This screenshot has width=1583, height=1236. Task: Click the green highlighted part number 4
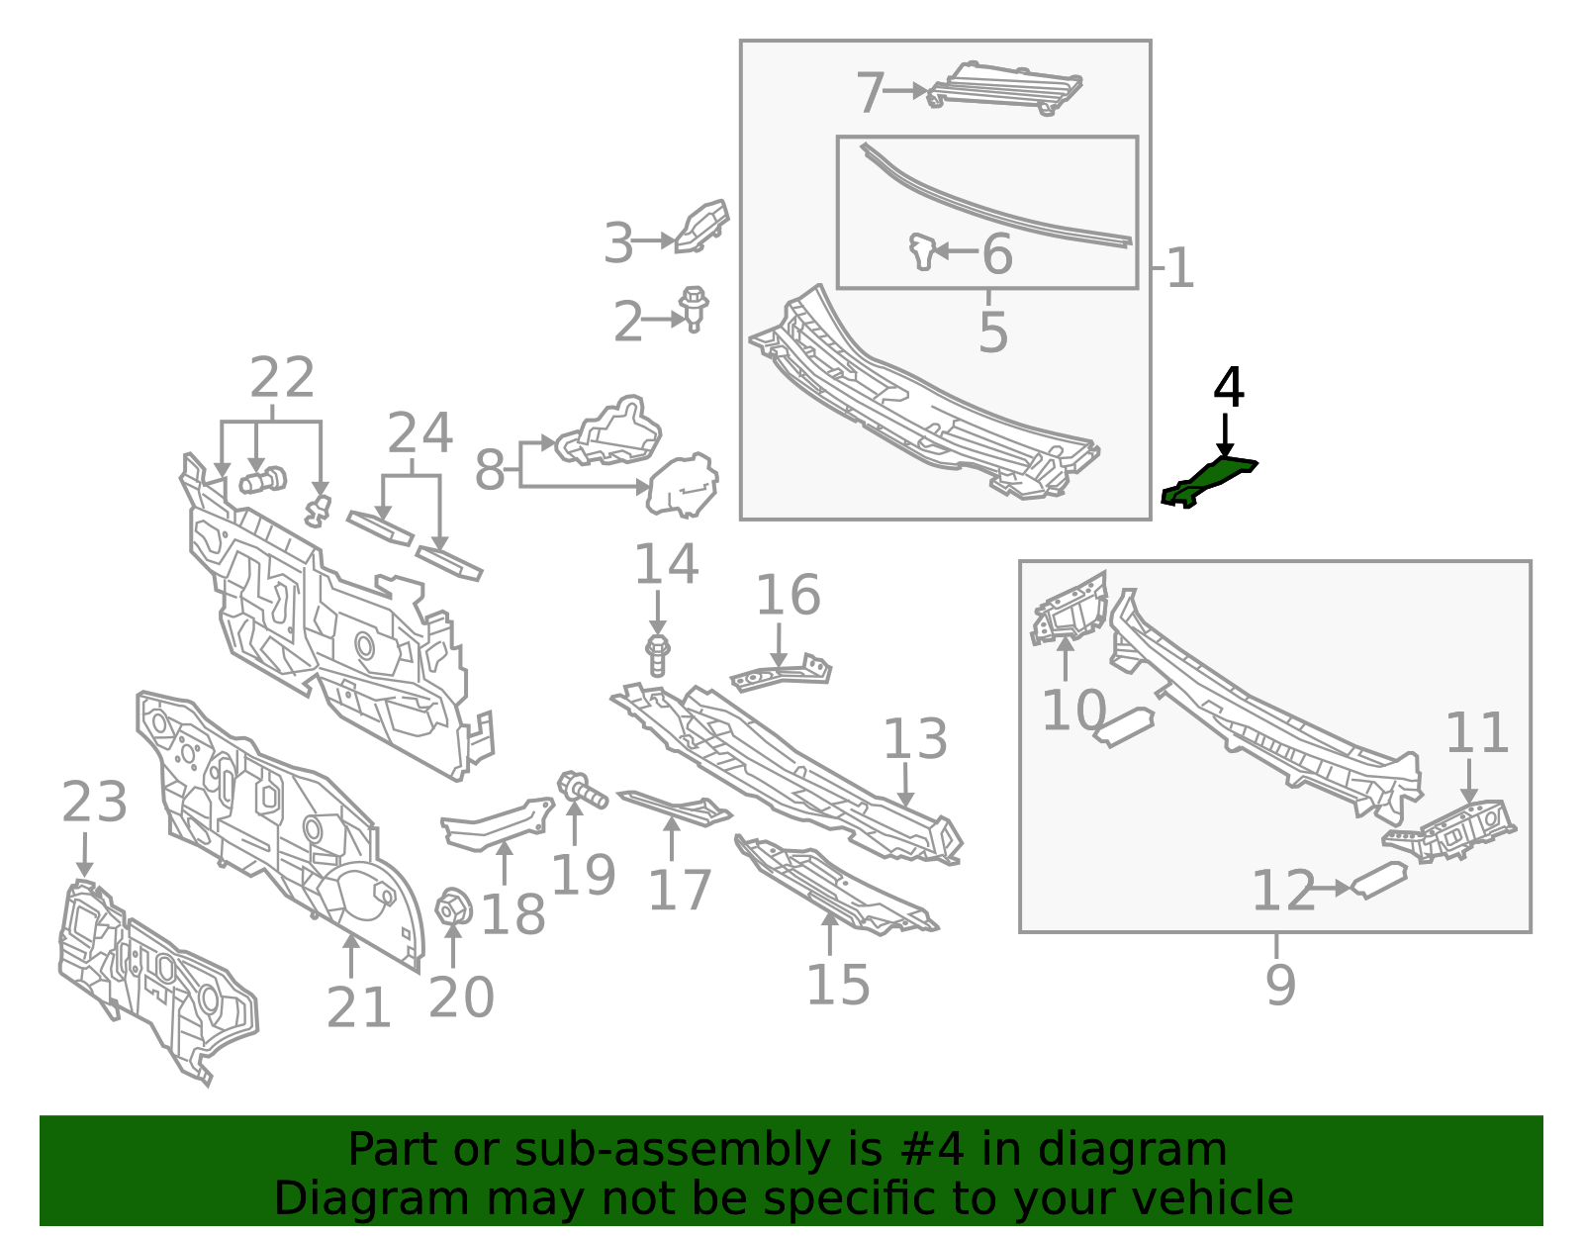pyautogui.click(x=1209, y=481)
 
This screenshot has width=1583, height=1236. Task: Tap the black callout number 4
pyautogui.click(x=1228, y=387)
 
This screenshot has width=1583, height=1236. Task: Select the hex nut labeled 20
pyautogui.click(x=453, y=908)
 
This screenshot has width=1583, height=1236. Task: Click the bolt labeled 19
pyautogui.click(x=582, y=791)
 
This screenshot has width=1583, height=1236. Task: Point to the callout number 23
pyautogui.click(x=95, y=802)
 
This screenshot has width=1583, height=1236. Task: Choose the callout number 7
pyautogui.click(x=870, y=92)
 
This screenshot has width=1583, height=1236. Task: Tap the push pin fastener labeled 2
pyautogui.click(x=694, y=309)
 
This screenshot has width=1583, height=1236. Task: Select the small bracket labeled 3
pyautogui.click(x=700, y=227)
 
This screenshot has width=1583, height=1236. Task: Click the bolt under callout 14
pyautogui.click(x=658, y=655)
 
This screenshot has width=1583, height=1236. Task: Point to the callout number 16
pyautogui.click(x=789, y=595)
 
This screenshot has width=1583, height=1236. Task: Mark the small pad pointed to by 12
pyautogui.click(x=1378, y=881)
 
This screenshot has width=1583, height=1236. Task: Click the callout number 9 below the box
pyautogui.click(x=1280, y=984)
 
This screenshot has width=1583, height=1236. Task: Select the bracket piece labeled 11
pyautogui.click(x=1449, y=832)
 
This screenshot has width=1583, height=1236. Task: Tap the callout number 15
pyautogui.click(x=838, y=985)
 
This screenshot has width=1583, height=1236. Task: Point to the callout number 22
pyautogui.click(x=282, y=377)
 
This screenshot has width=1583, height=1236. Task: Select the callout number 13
pyautogui.click(x=915, y=739)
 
